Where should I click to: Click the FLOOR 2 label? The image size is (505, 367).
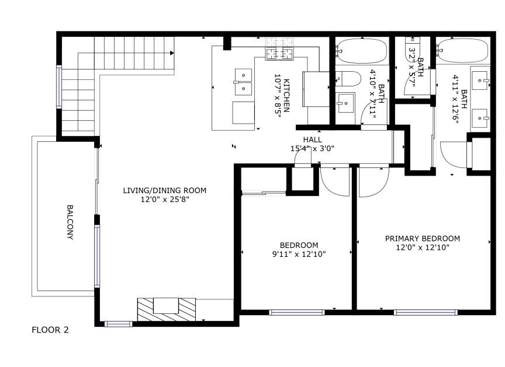point(50,330)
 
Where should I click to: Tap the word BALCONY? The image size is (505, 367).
point(70,222)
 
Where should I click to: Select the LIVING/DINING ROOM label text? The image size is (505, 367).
point(165,190)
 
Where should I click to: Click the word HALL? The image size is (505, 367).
point(312,139)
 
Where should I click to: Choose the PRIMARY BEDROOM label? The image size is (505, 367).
point(423,239)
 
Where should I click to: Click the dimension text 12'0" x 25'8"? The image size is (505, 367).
point(165,200)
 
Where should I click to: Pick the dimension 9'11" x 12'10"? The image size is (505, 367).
point(299,254)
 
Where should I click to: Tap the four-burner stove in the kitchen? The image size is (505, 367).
point(279,49)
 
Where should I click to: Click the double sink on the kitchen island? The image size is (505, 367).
point(243,82)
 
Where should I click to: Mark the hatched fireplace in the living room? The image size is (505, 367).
point(167,309)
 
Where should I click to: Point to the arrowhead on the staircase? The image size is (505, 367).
point(172,53)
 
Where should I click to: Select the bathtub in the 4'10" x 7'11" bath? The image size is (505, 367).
point(362,51)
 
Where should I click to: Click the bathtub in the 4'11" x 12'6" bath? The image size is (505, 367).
point(462,51)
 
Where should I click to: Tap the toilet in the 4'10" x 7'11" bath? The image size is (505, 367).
point(348,79)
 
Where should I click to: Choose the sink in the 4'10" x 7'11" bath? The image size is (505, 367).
point(345,103)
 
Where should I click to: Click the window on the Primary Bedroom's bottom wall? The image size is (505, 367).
point(426,312)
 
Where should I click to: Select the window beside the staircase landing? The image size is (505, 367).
point(59,87)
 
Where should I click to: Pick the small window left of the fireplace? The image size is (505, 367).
point(118,324)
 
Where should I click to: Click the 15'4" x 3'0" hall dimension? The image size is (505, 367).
point(312,148)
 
